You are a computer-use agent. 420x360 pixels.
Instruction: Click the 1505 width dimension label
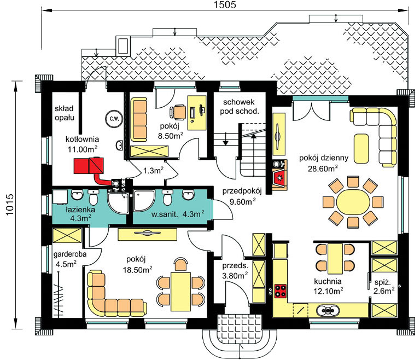coord(225,4)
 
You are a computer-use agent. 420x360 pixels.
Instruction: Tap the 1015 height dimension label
coord(9,205)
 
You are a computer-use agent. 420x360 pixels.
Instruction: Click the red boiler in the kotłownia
coord(89,166)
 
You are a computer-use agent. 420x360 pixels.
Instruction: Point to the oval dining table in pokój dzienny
coord(353,203)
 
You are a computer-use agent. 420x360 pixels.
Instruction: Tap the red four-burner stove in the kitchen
coord(281,291)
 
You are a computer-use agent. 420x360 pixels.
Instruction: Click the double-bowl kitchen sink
coord(328,310)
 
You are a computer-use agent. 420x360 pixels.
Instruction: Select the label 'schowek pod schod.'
coord(239,107)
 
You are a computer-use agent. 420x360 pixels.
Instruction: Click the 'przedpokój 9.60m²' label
coord(242,196)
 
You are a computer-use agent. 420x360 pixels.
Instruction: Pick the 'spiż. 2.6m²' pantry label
coord(383,286)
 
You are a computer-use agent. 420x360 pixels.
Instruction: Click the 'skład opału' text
coord(65,113)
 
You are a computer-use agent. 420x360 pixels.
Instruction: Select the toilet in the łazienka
coord(93,197)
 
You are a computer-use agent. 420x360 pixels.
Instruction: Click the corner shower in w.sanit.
coord(144,200)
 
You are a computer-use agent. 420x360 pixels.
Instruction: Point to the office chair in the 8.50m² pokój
coord(178,112)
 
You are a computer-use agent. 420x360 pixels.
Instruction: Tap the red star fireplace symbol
coord(279,177)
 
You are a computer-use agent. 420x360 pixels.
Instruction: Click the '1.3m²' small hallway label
coord(153,170)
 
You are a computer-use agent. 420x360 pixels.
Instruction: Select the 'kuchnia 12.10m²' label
coord(328,286)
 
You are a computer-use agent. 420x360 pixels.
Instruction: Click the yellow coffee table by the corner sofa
coord(361,148)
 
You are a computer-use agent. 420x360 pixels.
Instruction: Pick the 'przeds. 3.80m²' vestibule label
coord(235,270)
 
